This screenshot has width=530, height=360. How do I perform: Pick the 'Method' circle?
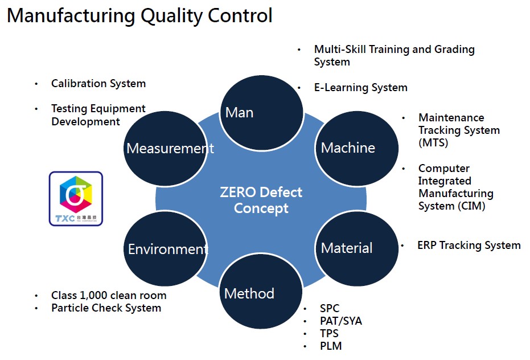click(261, 294)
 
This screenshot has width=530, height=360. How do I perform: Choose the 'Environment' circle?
click(165, 249)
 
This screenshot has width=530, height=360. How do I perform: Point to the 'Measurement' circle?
click(165, 149)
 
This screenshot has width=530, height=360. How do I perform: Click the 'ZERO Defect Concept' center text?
click(261, 200)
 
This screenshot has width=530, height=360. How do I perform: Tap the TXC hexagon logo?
click(76, 199)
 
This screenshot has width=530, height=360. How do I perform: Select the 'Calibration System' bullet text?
click(98, 84)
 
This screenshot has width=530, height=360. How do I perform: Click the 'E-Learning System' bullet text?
click(361, 88)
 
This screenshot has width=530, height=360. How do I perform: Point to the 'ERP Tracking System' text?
click(469, 246)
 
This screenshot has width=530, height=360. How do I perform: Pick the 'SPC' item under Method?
click(330, 309)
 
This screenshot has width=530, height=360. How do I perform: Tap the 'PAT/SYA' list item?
click(341, 321)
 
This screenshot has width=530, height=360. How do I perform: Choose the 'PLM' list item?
click(331, 346)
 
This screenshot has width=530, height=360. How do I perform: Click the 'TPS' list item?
click(330, 333)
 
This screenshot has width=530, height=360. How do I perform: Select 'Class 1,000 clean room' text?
click(109, 296)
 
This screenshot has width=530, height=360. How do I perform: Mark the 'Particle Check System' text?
click(106, 308)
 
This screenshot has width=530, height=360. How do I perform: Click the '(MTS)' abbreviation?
click(433, 142)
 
